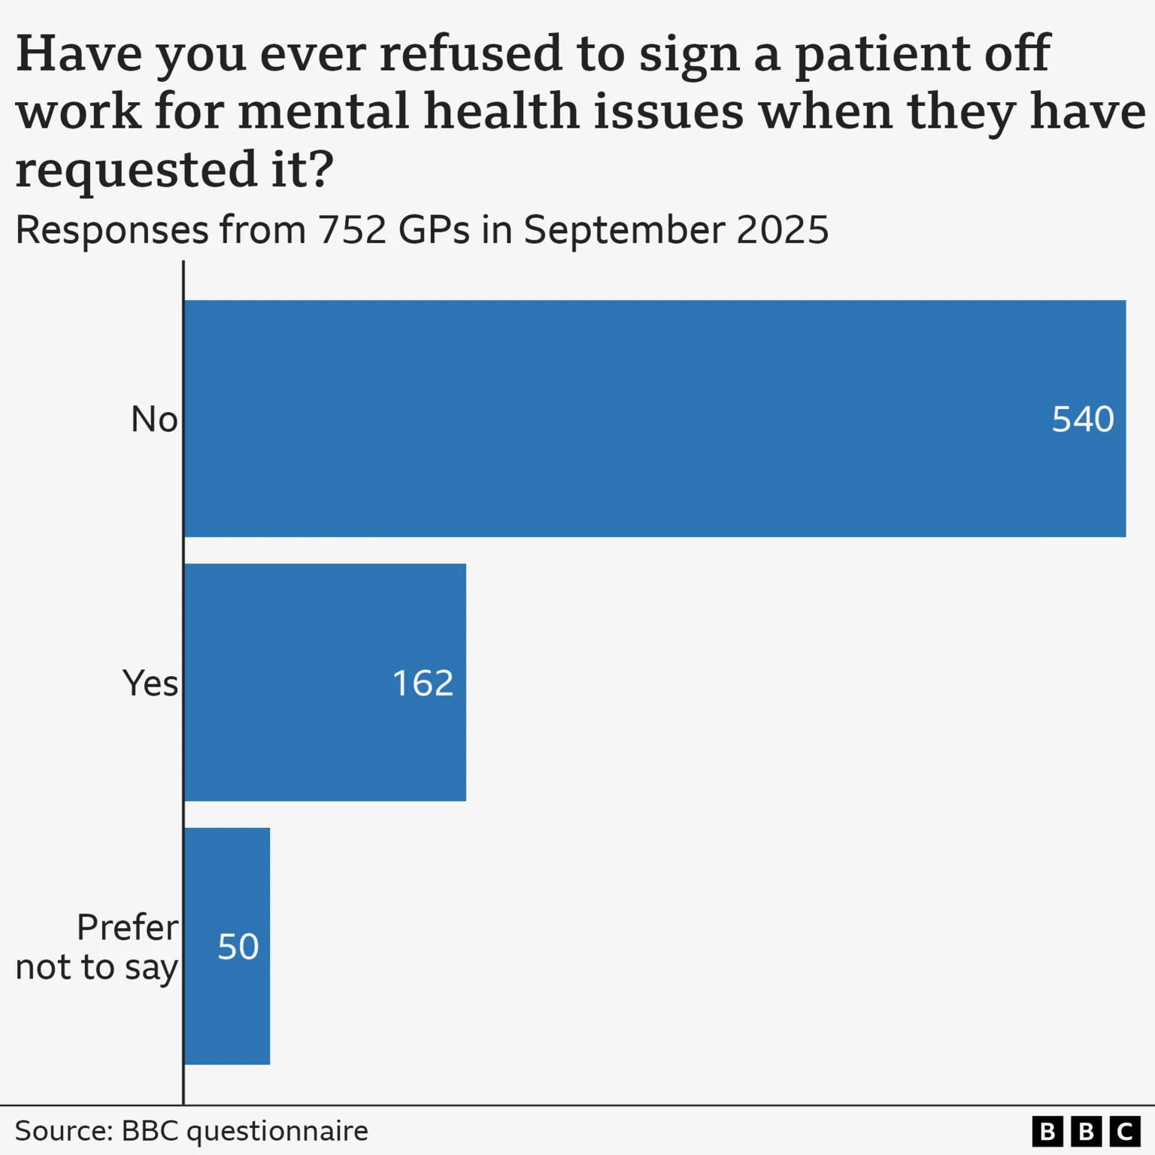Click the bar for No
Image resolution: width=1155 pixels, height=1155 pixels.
coord(654,418)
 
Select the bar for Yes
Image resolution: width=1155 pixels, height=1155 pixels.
coord(325,682)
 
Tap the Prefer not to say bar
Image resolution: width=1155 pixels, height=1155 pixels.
coord(227,946)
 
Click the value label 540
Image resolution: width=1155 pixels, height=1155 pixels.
coord(1082,420)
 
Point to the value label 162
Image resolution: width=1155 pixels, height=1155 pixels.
coord(423,684)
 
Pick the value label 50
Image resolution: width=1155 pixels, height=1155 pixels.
coord(238,947)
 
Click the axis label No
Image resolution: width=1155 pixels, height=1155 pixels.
coord(154,420)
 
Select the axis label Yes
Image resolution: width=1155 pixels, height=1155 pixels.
coord(150,684)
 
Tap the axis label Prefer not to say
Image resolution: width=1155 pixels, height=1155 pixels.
coord(98,947)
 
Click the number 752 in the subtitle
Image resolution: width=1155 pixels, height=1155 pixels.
coord(353,230)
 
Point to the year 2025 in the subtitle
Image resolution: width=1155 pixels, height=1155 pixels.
coord(782,230)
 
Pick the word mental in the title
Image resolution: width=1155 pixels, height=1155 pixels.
coord(323,111)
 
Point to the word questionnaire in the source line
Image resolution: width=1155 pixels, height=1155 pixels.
coord(277,1131)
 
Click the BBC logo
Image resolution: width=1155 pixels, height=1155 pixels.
coord(1086,1131)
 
